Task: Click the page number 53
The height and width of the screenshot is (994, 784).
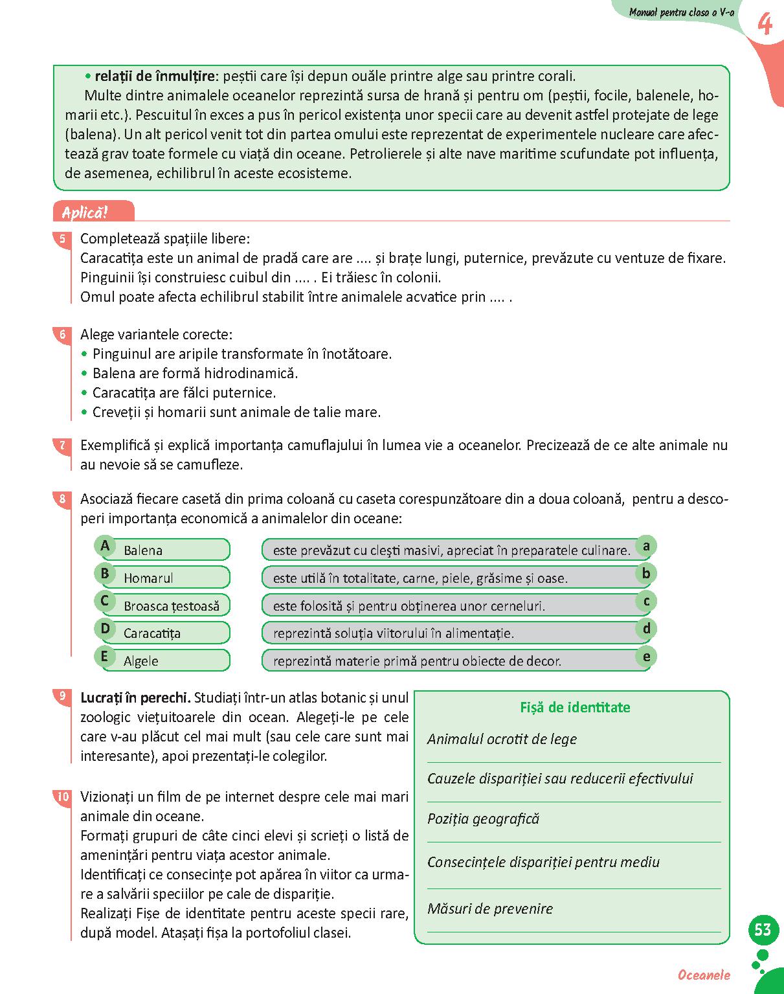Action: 763,930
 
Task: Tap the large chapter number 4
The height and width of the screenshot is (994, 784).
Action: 765,25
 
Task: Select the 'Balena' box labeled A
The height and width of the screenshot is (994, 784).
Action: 165,550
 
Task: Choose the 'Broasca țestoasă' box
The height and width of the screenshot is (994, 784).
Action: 165,605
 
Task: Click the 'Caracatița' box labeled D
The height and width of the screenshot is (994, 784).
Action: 165,633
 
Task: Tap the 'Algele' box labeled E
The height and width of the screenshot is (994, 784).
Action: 165,661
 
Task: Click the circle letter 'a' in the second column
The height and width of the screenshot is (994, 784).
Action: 645,546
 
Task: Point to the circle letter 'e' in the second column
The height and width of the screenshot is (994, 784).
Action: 645,657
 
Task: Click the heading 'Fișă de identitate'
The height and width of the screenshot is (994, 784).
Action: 575,707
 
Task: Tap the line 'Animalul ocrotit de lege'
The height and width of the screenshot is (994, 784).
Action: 502,739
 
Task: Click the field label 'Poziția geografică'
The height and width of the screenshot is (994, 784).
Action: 483,819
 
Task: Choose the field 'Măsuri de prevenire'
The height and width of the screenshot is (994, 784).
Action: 490,909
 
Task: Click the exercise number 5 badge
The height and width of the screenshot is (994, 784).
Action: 62,239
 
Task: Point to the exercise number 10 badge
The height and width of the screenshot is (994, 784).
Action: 62,797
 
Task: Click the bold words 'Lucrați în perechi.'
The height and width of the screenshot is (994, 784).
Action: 135,698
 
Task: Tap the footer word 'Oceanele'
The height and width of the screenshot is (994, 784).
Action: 704,975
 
